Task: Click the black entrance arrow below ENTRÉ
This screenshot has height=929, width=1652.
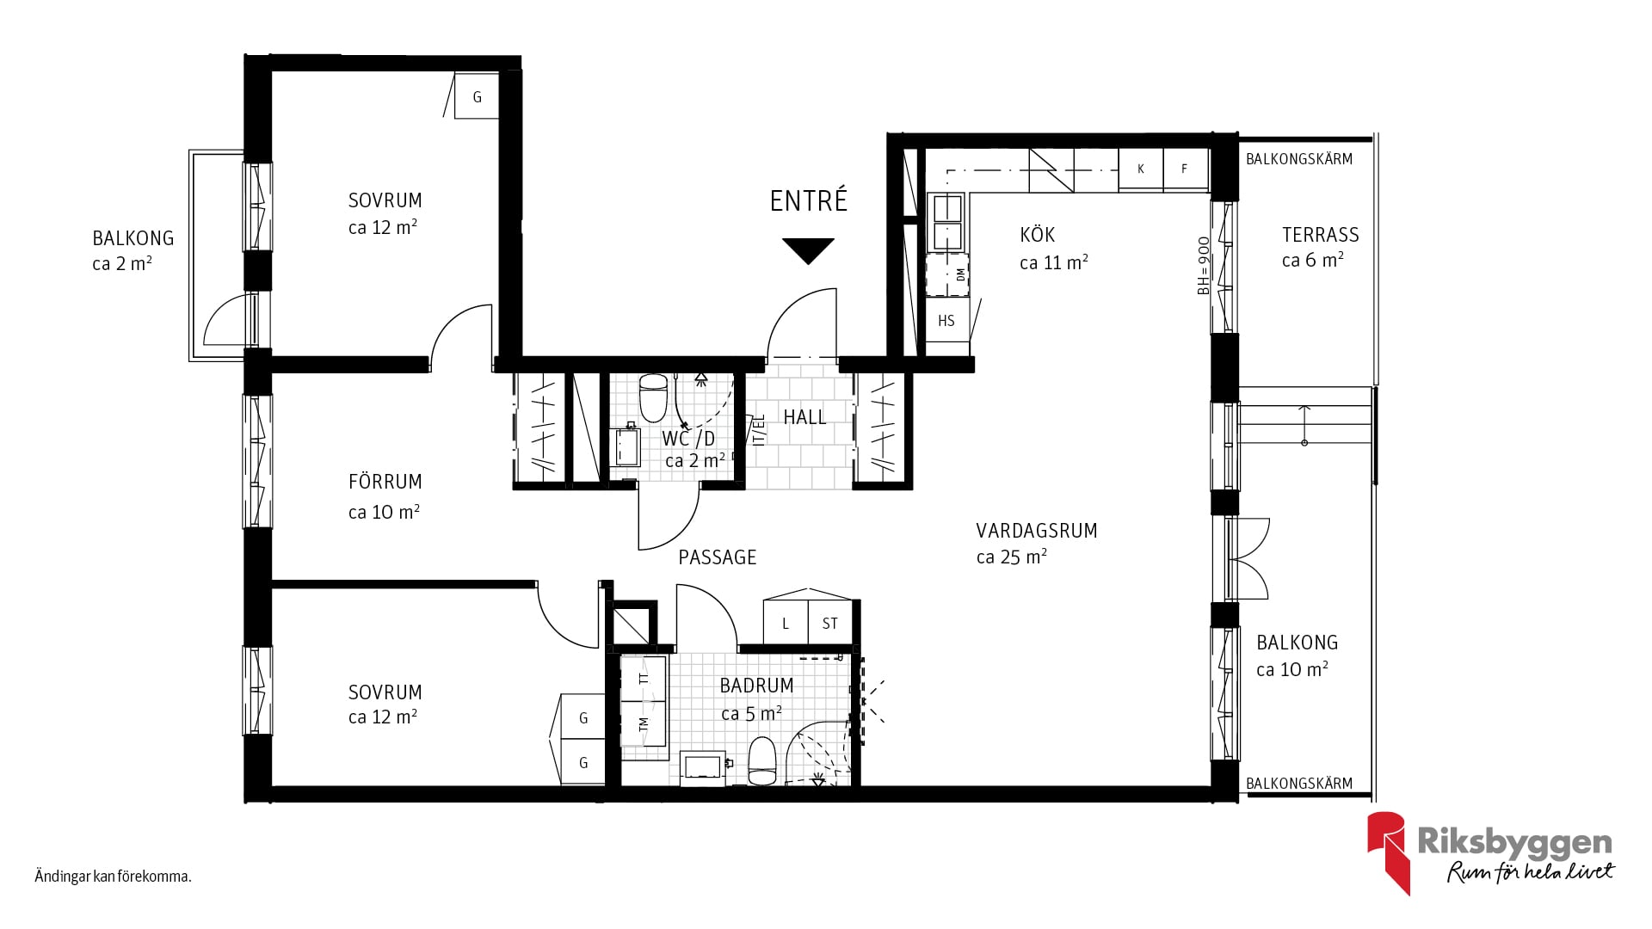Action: [809, 250]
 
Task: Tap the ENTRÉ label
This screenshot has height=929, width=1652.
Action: [809, 200]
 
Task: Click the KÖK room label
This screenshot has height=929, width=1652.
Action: [1038, 234]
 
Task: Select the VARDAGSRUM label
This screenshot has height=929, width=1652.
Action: [1037, 531]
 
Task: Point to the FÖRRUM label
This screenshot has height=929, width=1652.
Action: [385, 482]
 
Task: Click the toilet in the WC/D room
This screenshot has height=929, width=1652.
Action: [654, 394]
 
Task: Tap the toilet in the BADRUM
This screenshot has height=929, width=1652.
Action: [762, 761]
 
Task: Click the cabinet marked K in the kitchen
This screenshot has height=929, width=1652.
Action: [1141, 169]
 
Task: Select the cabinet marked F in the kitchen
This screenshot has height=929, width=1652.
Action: [1186, 169]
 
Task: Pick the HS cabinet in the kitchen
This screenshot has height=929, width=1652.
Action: [947, 321]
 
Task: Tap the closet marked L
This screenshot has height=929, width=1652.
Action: [786, 623]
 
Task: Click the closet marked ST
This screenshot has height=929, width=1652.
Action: [829, 623]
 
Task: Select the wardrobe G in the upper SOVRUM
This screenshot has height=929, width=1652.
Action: [477, 96]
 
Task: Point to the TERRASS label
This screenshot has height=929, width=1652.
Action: [1321, 235]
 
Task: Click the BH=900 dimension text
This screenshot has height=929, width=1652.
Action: [1204, 266]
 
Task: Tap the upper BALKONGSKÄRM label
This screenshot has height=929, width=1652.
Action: [1299, 159]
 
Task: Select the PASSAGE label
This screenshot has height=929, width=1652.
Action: [718, 557]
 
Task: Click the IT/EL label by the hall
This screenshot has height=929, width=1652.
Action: [759, 430]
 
